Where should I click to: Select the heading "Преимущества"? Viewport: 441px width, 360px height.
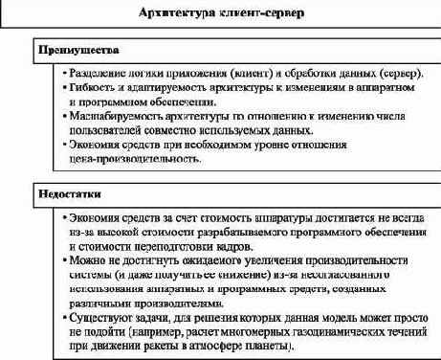(x=73, y=49)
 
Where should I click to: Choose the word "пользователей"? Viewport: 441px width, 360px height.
(x=102, y=130)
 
